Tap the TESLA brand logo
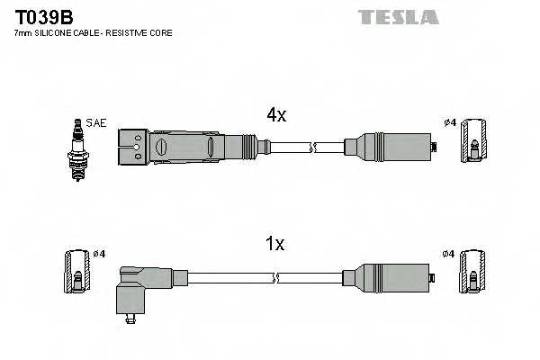(x=398, y=17)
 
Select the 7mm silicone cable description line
(x=93, y=32)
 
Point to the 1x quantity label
(x=275, y=243)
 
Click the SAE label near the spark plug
(x=96, y=122)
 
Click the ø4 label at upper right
(x=449, y=123)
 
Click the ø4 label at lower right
(x=449, y=254)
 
